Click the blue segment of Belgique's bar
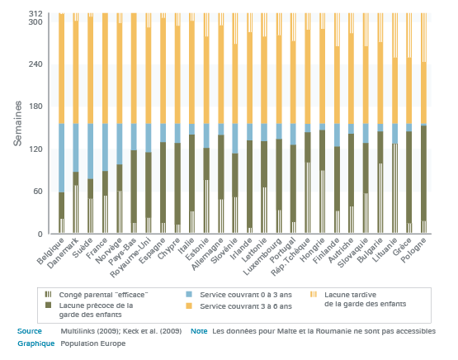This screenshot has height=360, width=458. (x=61, y=158)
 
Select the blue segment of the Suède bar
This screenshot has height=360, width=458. (x=90, y=151)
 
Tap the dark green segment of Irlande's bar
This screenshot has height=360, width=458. (x=250, y=184)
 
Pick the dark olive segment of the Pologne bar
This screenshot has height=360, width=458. (x=423, y=173)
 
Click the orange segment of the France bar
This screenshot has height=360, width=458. (x=105, y=69)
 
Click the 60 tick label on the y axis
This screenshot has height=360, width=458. (x=38, y=192)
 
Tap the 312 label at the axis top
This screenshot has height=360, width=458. (x=35, y=14)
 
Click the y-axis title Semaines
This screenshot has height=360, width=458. (x=18, y=123)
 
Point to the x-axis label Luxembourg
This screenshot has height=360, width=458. (x=262, y=257)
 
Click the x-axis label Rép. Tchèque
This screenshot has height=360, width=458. (x=290, y=257)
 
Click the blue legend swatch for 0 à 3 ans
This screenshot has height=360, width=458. (x=189, y=294)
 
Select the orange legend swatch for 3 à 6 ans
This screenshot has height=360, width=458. (x=189, y=306)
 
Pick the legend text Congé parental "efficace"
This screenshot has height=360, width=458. (x=103, y=295)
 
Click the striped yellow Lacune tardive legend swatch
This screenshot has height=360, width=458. (x=313, y=294)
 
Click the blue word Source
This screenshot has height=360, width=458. (x=30, y=331)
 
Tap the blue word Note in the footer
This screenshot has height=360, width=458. (x=199, y=331)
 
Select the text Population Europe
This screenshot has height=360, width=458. (x=93, y=343)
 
